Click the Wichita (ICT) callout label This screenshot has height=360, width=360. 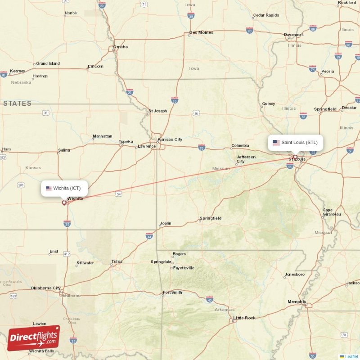(64, 188)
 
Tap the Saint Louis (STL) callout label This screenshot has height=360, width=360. (295, 143)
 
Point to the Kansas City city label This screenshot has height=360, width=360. (170, 139)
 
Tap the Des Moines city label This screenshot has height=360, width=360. (201, 32)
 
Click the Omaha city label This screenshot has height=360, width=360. (121, 47)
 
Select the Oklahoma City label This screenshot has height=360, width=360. (45, 288)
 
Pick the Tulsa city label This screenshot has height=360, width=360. (117, 261)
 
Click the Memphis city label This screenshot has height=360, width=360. (297, 302)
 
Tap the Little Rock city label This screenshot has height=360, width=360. (244, 318)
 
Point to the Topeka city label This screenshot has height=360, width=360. (126, 142)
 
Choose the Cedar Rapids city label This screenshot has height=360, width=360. (266, 15)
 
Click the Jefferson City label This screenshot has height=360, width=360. (246, 159)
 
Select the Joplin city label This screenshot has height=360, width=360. (165, 223)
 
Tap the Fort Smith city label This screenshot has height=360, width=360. (172, 293)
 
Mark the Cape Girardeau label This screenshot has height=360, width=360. (332, 212)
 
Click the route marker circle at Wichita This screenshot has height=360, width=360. (64, 202)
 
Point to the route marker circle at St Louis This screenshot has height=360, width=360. (295, 157)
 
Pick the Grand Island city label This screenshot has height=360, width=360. (48, 63)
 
